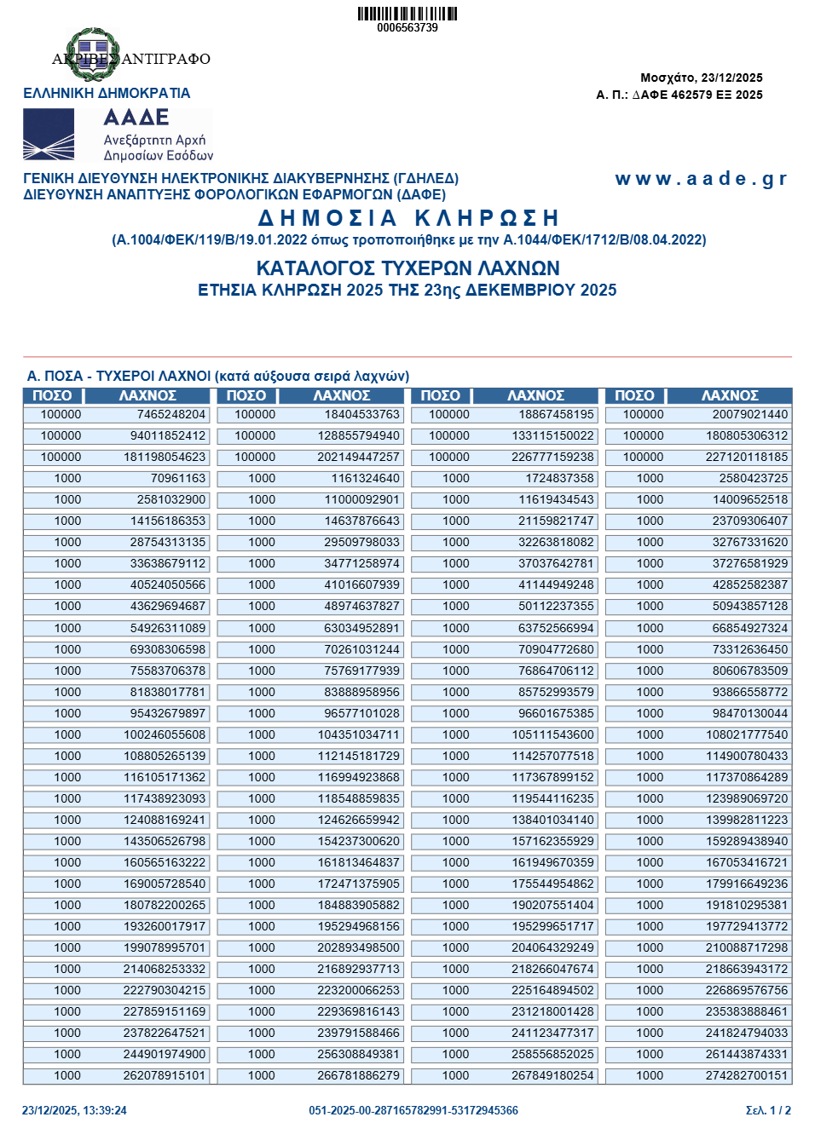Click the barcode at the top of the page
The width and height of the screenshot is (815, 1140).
point(407,14)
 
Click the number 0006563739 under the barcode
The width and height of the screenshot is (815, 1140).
point(407,28)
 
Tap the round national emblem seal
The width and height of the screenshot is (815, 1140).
point(92,53)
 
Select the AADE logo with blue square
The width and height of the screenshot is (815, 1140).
point(49,135)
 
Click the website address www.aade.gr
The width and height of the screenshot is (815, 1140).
point(701,179)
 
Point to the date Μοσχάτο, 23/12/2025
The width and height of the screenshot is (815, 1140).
point(701,78)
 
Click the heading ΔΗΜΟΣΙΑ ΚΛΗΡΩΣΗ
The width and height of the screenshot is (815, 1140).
point(408,218)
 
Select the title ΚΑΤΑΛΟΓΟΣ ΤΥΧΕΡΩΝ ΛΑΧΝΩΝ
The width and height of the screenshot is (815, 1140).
point(407,268)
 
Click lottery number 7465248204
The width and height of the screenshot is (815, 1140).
point(171,415)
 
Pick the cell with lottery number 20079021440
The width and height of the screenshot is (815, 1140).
point(749,415)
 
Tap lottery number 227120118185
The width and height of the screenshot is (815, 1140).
point(746,458)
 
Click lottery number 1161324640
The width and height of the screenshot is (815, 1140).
point(365,479)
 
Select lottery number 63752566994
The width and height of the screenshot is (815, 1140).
point(556,628)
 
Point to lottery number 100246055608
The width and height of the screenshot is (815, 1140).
point(165,734)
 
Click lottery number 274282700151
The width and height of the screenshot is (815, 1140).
point(746,1075)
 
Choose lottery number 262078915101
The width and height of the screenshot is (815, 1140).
point(165,1075)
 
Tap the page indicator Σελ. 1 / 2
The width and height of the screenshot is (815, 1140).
point(768,1110)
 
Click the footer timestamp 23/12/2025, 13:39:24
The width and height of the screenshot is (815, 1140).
point(74,1110)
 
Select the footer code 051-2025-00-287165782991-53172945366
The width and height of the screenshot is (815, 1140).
point(413,1110)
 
